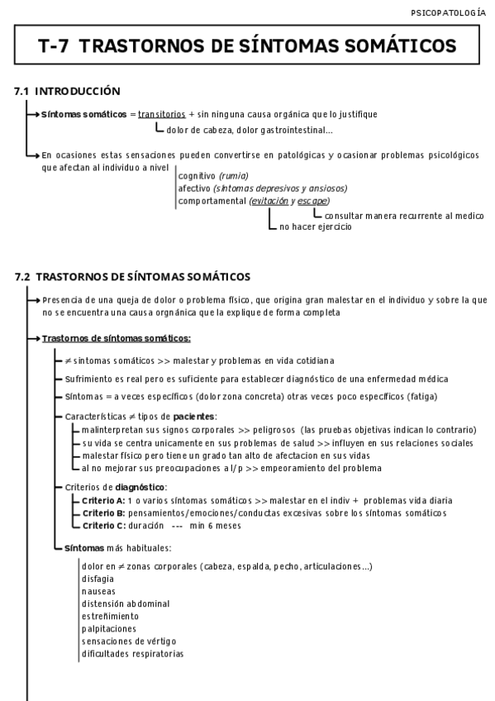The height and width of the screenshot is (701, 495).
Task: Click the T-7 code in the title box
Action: [x=55, y=47]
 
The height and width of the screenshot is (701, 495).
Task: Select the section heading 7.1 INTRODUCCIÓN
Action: [x=68, y=91]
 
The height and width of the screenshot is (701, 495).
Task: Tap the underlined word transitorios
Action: [x=161, y=114]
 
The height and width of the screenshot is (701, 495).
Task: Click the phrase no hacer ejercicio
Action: [x=315, y=227]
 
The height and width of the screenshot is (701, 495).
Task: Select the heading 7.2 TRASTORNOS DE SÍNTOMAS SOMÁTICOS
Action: [x=132, y=276]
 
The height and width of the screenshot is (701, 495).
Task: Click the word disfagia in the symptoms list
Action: [x=98, y=579]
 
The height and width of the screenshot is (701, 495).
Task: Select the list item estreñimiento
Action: [x=110, y=616]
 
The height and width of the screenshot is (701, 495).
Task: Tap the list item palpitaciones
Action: [x=108, y=628]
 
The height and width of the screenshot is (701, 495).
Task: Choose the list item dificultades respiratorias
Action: [x=132, y=653]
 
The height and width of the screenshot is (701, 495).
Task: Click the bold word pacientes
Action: [x=193, y=416]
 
